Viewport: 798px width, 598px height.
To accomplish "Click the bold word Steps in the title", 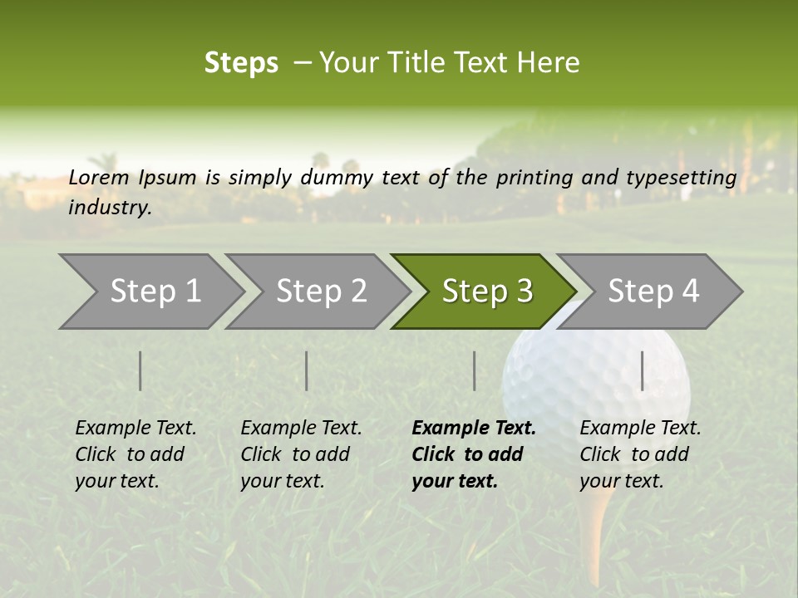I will pos(241,63).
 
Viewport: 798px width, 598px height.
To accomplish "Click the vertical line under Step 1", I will pos(140,370).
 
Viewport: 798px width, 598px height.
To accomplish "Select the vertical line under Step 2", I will pos(307,370).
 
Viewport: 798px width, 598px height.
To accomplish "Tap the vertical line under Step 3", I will pos(475,370).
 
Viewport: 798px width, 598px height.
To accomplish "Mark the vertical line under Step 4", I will pos(643,370).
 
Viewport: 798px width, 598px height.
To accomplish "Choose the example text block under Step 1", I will pos(135,454).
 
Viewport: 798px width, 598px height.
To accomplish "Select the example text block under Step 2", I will pos(301,454).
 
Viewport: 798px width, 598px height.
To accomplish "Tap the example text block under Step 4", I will pos(640,454).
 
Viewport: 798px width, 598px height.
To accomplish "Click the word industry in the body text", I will pos(109,207).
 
